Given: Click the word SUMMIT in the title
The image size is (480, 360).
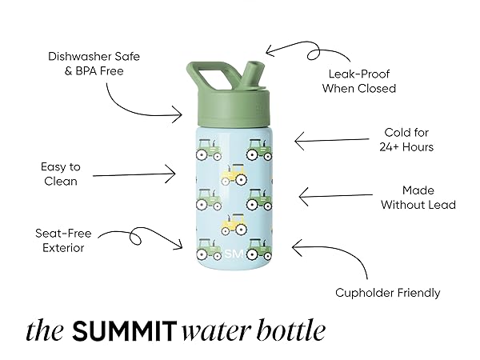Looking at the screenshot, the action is click(125, 331).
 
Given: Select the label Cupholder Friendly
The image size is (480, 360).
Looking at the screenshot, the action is click(387, 293).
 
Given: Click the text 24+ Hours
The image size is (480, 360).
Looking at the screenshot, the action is click(406, 147).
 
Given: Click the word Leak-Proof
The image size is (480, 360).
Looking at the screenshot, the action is click(358, 74).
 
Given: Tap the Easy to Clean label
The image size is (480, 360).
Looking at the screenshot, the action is click(61, 174).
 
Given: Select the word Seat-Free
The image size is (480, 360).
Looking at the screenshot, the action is click(63, 234).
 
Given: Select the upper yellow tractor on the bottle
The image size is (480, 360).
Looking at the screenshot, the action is click(234, 174).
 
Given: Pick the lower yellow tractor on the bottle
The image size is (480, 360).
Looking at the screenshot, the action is click(234, 224).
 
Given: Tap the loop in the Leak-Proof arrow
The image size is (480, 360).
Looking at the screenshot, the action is click(314, 54).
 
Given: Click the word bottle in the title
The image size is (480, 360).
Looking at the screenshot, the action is click(291, 330).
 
